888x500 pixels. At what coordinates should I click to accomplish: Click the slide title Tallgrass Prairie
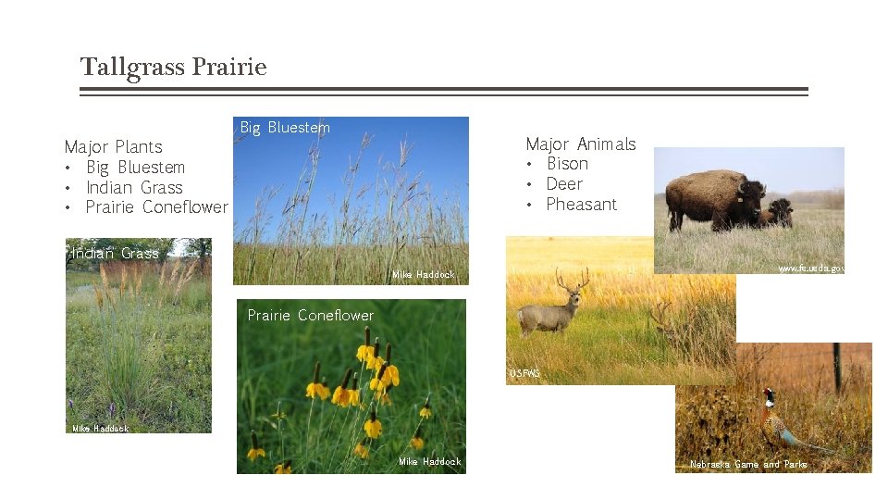pyautogui.click(x=173, y=68)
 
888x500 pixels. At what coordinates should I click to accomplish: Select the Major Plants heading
pyautogui.click(x=113, y=146)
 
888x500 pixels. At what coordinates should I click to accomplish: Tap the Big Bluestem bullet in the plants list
pyautogui.click(x=135, y=167)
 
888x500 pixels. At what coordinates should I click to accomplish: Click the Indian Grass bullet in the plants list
pyautogui.click(x=134, y=187)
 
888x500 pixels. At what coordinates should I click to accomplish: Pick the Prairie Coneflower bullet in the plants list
pyautogui.click(x=156, y=207)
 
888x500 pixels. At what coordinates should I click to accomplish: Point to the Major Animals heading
pyautogui.click(x=580, y=144)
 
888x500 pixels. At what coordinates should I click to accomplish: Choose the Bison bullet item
pyautogui.click(x=567, y=164)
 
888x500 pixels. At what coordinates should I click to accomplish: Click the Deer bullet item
pyautogui.click(x=564, y=184)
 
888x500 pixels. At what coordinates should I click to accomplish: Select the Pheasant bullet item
pyautogui.click(x=581, y=205)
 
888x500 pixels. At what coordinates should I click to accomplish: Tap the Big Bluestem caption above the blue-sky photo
pyautogui.click(x=285, y=128)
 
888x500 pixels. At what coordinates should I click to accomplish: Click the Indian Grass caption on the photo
pyautogui.click(x=116, y=253)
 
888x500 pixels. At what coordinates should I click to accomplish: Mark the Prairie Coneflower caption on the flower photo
pyautogui.click(x=311, y=316)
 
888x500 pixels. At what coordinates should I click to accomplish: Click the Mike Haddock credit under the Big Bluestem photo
pyautogui.click(x=424, y=275)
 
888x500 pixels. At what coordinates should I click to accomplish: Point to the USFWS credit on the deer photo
pyautogui.click(x=524, y=374)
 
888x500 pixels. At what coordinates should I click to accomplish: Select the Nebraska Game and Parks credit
pyautogui.click(x=748, y=464)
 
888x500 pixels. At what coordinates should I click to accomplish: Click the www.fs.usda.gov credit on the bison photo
pyautogui.click(x=810, y=268)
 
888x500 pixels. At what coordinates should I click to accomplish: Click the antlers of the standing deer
pyautogui.click(x=572, y=279)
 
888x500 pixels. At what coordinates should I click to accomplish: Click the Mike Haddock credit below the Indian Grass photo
pyautogui.click(x=100, y=429)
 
